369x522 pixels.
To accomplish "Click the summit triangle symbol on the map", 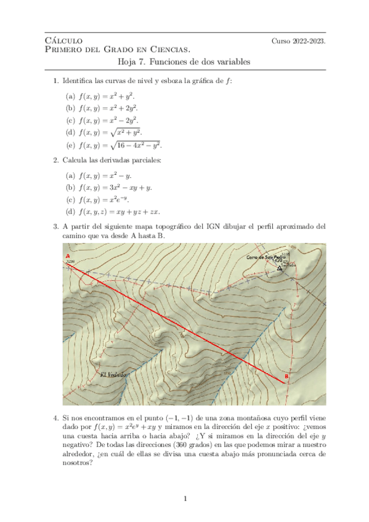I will click(280, 268).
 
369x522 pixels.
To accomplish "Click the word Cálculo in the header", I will click(60, 41).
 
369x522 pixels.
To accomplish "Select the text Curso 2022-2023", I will click(298, 41).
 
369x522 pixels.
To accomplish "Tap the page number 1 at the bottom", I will click(185, 498).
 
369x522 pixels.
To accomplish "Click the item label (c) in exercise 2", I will click(70, 200).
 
